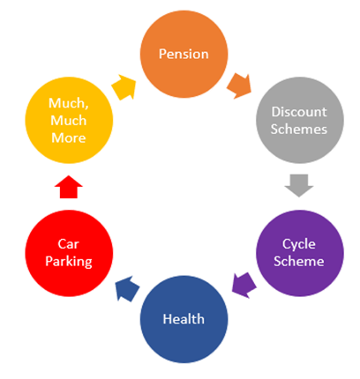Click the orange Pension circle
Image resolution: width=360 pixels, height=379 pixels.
[x=184, y=54]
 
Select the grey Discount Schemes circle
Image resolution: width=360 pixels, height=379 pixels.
[x=300, y=120]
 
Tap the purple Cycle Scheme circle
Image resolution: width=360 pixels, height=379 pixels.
[x=300, y=253]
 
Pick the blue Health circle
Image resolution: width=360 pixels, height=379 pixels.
[x=184, y=319]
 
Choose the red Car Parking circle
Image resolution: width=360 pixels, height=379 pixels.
[x=69, y=253]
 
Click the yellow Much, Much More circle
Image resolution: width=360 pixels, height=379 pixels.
[x=69, y=120]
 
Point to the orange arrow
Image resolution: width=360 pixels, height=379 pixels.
[x=239, y=86]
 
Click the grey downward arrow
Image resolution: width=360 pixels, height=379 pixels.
[x=299, y=186]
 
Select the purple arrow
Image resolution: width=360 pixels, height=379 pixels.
[x=244, y=286]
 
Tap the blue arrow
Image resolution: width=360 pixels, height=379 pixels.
[x=127, y=288]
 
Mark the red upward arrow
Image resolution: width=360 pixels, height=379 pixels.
[x=69, y=187]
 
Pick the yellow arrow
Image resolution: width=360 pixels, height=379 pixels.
[x=124, y=87]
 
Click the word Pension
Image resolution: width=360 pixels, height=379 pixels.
[x=184, y=54]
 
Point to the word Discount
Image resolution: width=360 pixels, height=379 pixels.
[x=299, y=112]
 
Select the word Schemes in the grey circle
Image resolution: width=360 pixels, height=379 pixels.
[x=299, y=130]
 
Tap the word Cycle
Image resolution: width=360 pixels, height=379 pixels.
[x=299, y=245]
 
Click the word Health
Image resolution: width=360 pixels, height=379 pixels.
[x=184, y=319]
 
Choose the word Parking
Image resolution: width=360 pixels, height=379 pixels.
[x=69, y=262]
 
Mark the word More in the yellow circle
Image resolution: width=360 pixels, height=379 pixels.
[x=69, y=138]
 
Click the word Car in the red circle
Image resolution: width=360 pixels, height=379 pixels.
[x=69, y=244]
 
